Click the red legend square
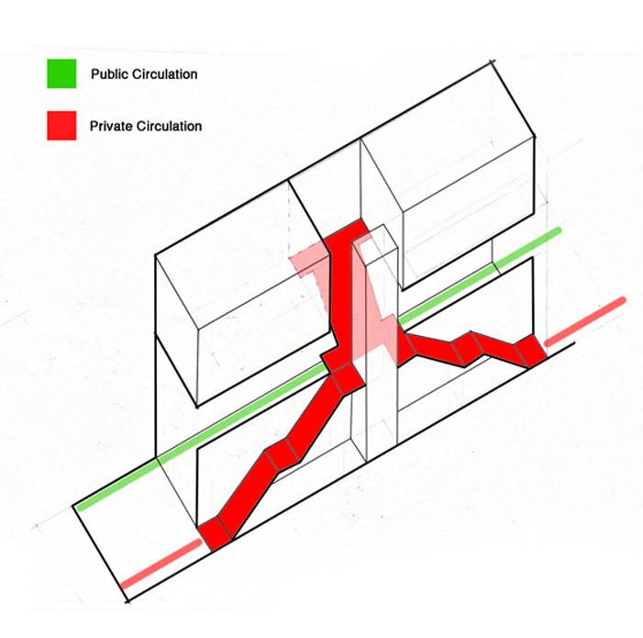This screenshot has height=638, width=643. tap(61, 126)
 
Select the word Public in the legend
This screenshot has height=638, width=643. tap(108, 73)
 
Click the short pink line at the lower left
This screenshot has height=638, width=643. tap(161, 565)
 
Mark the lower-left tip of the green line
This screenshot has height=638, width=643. tap(81, 506)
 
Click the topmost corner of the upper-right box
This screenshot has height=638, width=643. tap(492, 66)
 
